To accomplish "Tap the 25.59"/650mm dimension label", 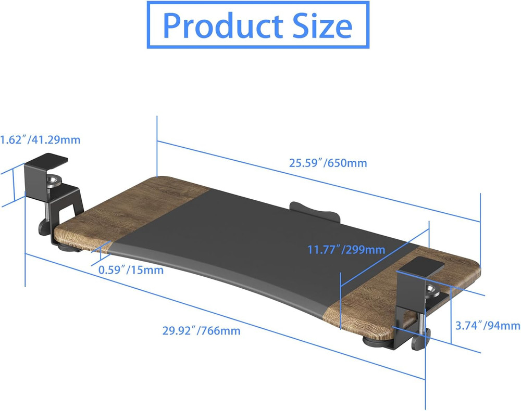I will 328,163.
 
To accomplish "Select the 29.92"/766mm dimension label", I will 201,330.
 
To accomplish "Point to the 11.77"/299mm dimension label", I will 346,250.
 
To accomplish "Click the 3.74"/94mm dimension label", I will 487,326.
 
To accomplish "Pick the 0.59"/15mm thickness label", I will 131,270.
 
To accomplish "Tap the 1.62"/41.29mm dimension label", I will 40,139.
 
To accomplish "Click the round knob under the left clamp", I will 43,228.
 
